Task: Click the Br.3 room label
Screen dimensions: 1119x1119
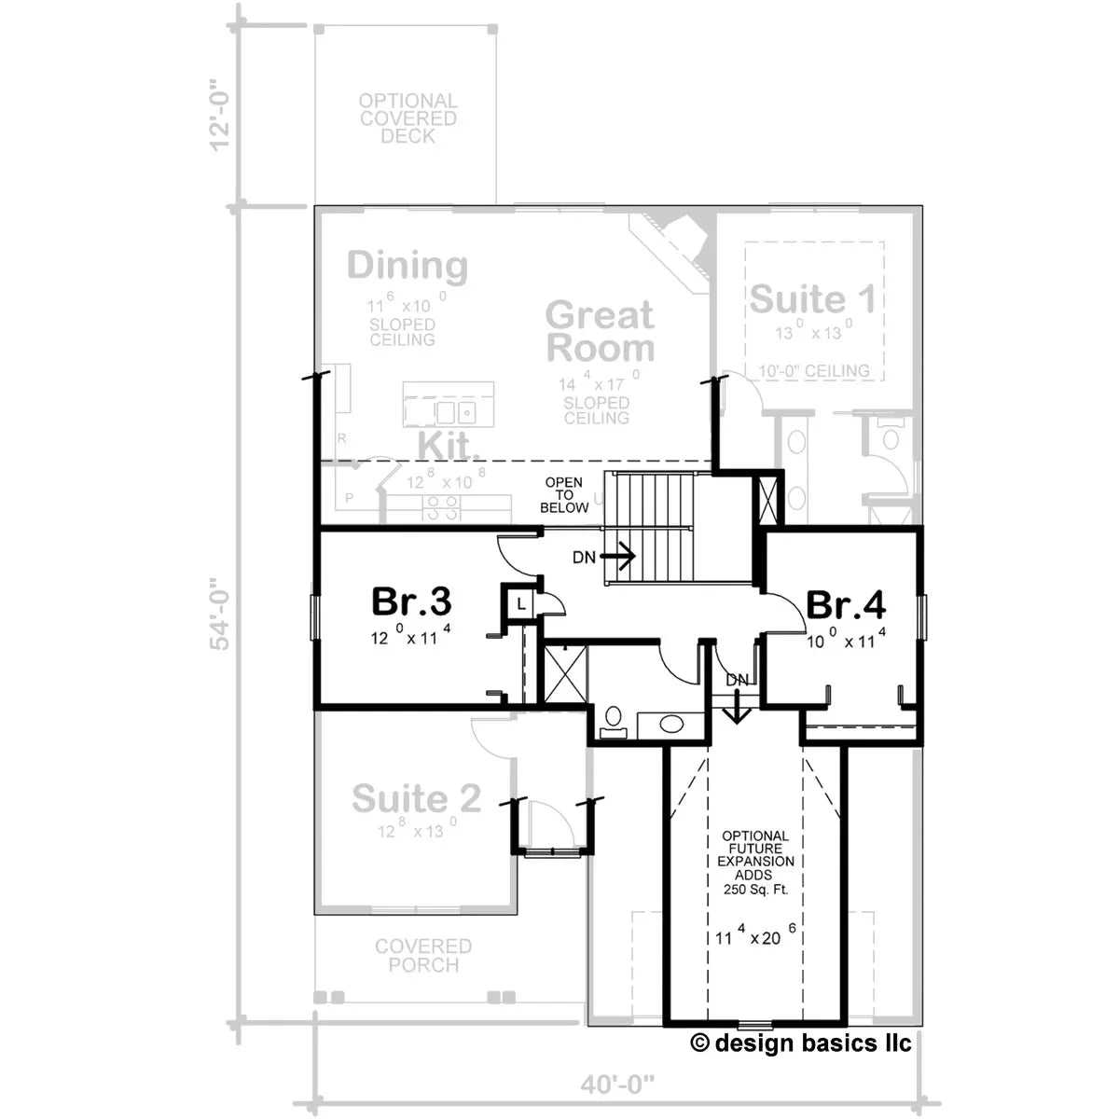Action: pyautogui.click(x=412, y=602)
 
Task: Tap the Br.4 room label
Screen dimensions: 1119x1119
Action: pyautogui.click(x=845, y=605)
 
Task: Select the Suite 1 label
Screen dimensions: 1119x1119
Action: pyautogui.click(x=812, y=300)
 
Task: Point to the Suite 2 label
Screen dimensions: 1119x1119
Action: pyautogui.click(x=417, y=799)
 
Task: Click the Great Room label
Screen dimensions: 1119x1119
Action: pyautogui.click(x=600, y=331)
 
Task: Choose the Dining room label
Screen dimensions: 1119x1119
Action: pyautogui.click(x=408, y=267)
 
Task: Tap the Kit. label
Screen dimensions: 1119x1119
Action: pyautogui.click(x=448, y=447)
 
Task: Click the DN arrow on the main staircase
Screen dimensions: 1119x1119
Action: pyautogui.click(x=616, y=557)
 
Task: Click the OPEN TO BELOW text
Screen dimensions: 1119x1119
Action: pyautogui.click(x=565, y=495)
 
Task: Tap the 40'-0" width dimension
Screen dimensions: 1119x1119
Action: pyautogui.click(x=617, y=1084)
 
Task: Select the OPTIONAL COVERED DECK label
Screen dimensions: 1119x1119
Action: pyautogui.click(x=408, y=118)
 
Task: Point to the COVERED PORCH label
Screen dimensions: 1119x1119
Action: pyautogui.click(x=423, y=956)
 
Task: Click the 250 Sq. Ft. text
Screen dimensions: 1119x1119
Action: pyautogui.click(x=755, y=890)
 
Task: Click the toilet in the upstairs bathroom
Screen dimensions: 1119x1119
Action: pyautogui.click(x=614, y=720)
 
